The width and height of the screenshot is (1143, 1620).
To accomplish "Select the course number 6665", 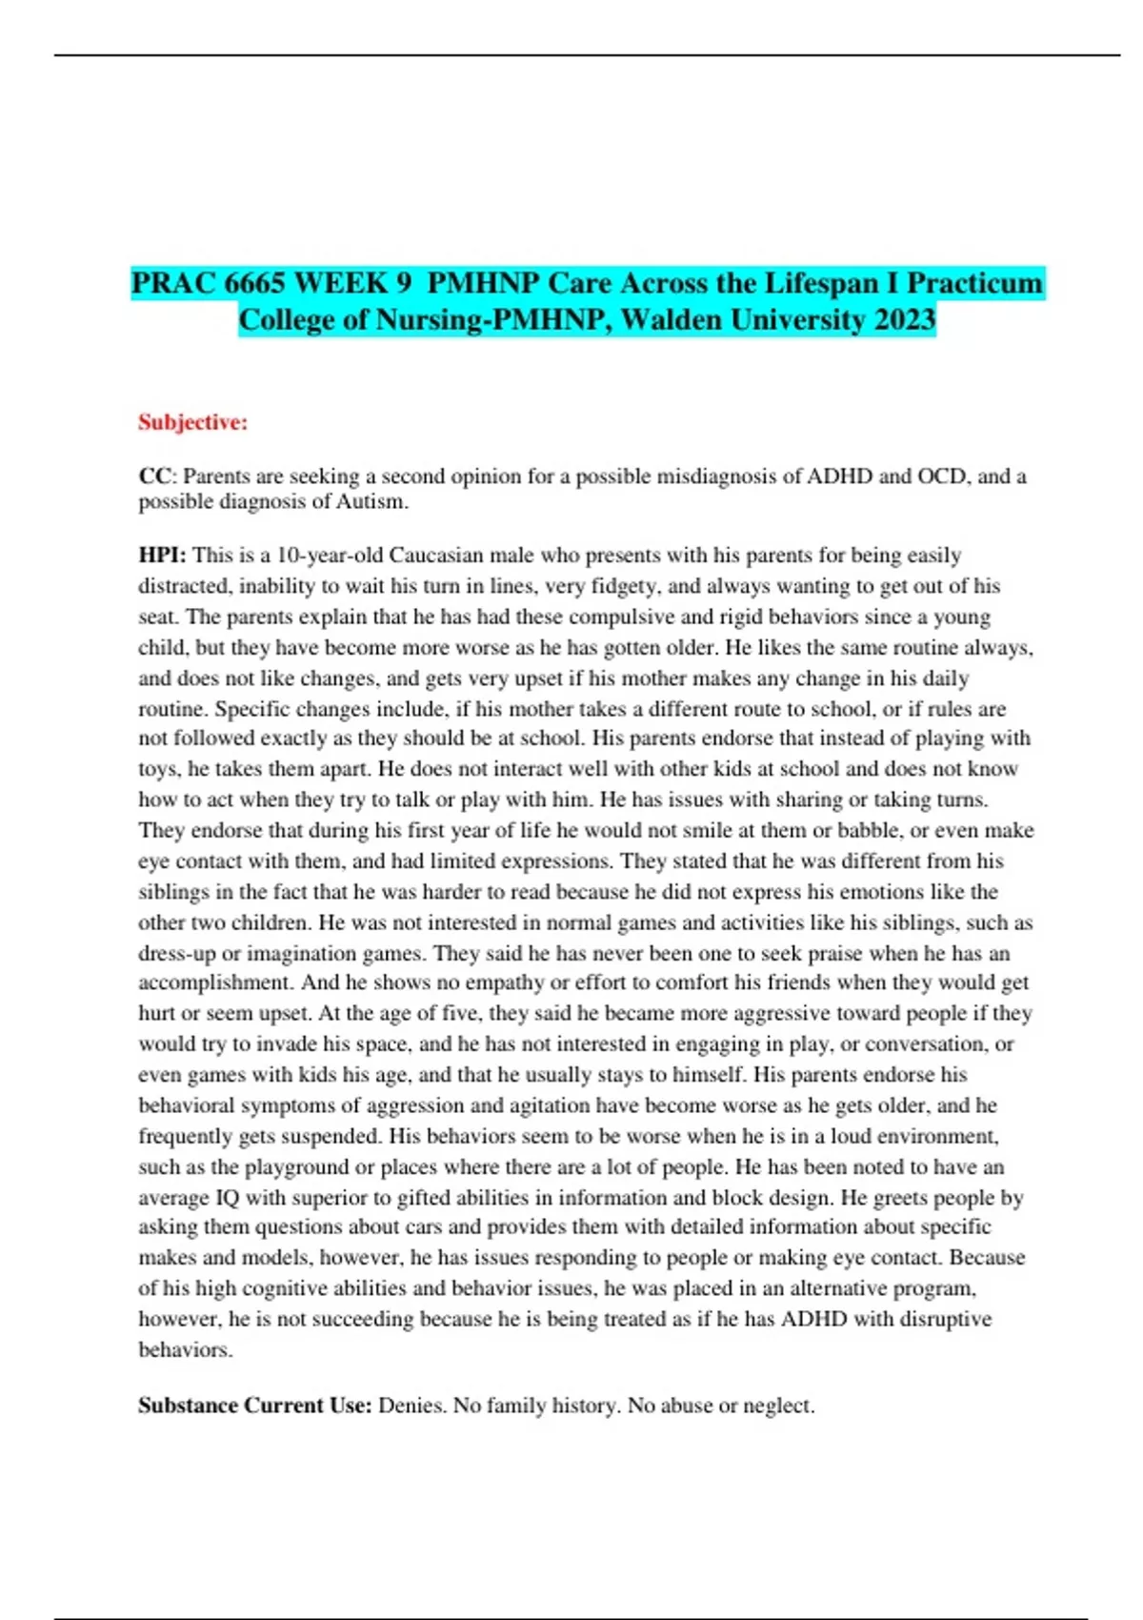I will (x=254, y=283).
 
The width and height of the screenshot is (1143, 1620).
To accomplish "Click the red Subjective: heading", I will (x=192, y=422).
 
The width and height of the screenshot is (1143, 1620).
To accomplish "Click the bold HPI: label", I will (x=163, y=555).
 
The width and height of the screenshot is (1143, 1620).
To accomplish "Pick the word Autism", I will (x=371, y=501).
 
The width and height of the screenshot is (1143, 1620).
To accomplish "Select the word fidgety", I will (x=626, y=585).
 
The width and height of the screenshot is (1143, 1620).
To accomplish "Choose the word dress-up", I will (x=177, y=953).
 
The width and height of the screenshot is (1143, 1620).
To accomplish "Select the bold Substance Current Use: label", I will (x=254, y=1406).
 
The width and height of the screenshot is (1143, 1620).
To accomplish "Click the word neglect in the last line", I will (x=778, y=1406).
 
